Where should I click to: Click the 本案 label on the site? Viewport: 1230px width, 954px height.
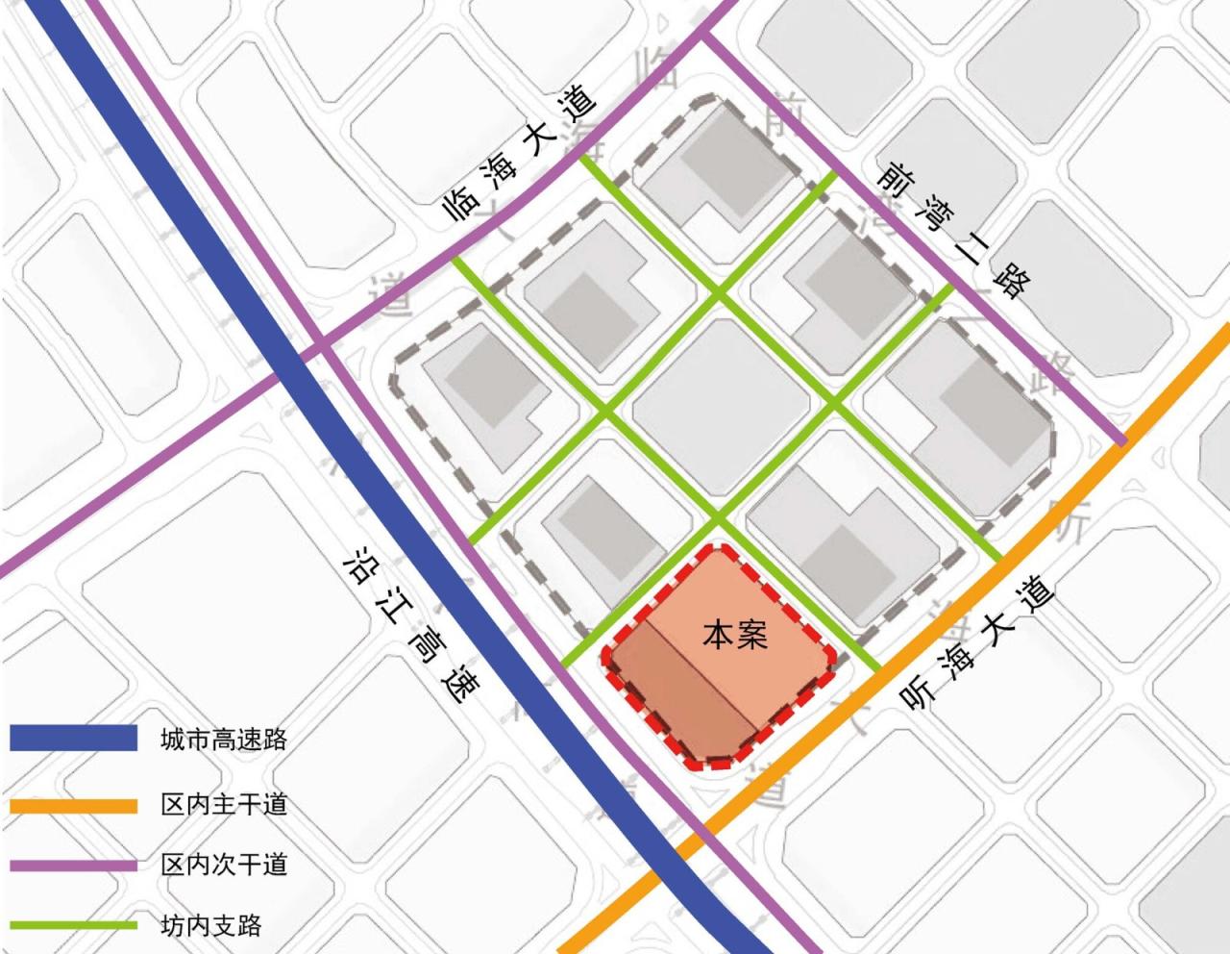tap(735, 635)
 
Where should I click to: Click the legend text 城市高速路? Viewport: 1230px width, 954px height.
tap(223, 740)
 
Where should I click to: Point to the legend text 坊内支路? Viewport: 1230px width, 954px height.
tap(210, 926)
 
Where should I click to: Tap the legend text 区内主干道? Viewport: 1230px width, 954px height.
tap(223, 805)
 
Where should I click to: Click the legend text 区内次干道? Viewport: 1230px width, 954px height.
tap(223, 865)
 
